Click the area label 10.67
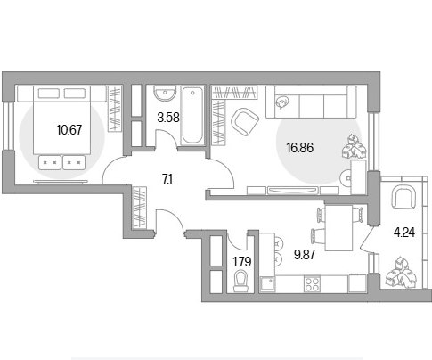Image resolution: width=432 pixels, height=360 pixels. point(69,130)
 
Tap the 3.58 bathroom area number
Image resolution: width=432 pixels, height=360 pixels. point(168,118)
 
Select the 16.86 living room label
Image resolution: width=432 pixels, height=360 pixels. point(300,147)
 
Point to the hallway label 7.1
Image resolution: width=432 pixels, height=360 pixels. point(167,179)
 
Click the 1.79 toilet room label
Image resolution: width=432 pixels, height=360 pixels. point(242,262)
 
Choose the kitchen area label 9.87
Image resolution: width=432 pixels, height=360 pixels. point(305,255)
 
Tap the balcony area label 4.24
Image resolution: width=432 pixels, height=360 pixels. point(404,233)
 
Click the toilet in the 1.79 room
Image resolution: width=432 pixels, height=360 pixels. point(240,281)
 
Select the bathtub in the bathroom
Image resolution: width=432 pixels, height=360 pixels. point(192,115)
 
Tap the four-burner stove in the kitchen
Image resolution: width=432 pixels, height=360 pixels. point(312,284)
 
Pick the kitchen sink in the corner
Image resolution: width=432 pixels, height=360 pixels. point(268,284)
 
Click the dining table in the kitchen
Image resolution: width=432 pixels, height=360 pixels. point(338,228)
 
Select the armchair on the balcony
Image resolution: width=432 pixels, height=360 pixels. point(403,196)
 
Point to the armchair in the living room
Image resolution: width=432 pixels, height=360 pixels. point(245,121)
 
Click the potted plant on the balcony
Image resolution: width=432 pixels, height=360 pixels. point(402,273)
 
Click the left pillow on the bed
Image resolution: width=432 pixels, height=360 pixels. point(49,94)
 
